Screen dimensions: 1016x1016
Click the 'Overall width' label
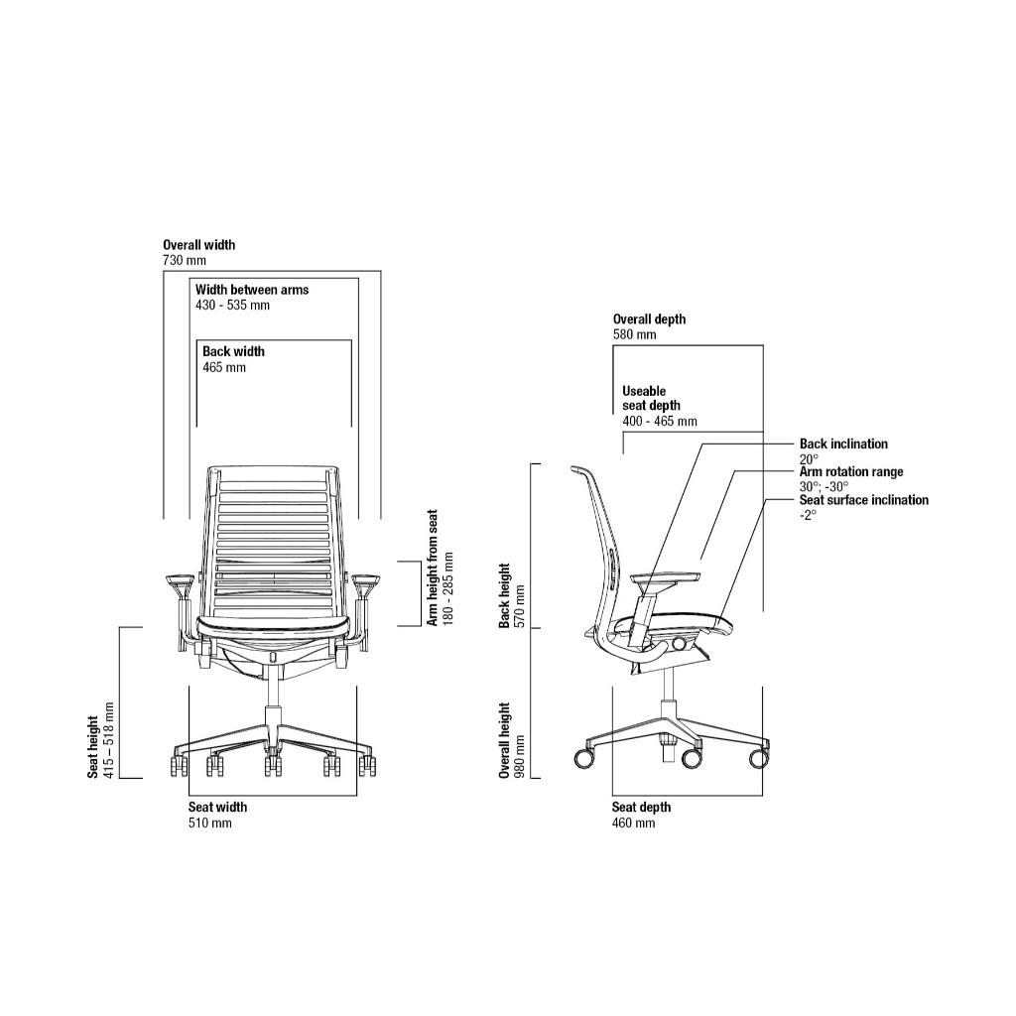pos(199,244)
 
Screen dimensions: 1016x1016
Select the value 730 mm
pos(185,260)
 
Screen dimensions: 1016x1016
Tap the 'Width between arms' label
pos(252,290)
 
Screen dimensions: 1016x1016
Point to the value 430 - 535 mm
pos(232,306)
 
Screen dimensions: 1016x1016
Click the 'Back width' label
pos(233,351)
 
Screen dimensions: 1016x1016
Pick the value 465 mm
pos(224,367)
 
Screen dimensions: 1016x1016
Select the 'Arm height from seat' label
pos(433,576)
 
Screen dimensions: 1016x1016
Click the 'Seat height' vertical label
pos(93,745)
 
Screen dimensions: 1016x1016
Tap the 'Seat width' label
pos(217,807)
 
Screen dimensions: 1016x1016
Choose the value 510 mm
pos(209,823)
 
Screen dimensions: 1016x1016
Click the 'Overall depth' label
pos(649,319)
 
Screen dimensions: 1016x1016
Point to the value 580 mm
pos(634,335)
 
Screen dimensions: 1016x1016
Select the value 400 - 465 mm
pos(660,422)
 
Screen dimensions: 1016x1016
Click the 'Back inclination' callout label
pos(843,444)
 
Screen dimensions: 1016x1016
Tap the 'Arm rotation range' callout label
pos(851,472)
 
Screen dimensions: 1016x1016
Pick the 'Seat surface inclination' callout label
pos(864,500)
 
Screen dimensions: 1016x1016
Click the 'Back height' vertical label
pos(504,595)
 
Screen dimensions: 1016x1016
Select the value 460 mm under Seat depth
pos(633,823)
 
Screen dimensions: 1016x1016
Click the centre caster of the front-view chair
pos(270,766)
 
